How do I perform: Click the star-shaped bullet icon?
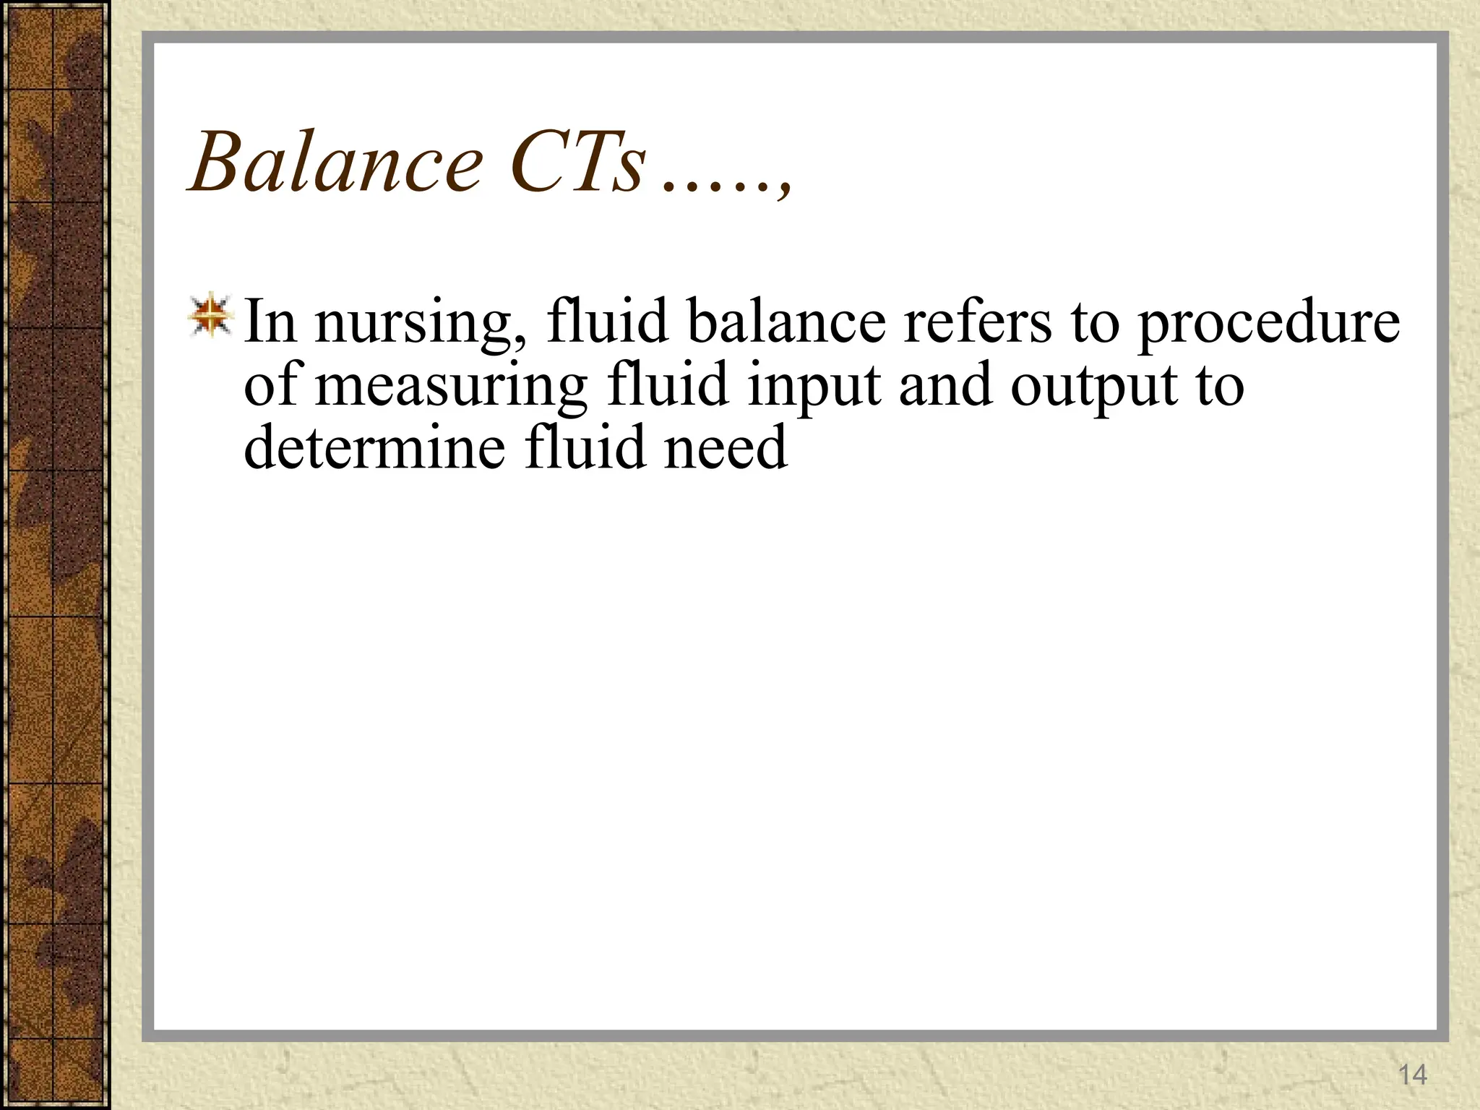pyautogui.click(x=210, y=316)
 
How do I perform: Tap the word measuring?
pyautogui.click(x=452, y=387)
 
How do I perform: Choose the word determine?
pyautogui.click(x=374, y=447)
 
